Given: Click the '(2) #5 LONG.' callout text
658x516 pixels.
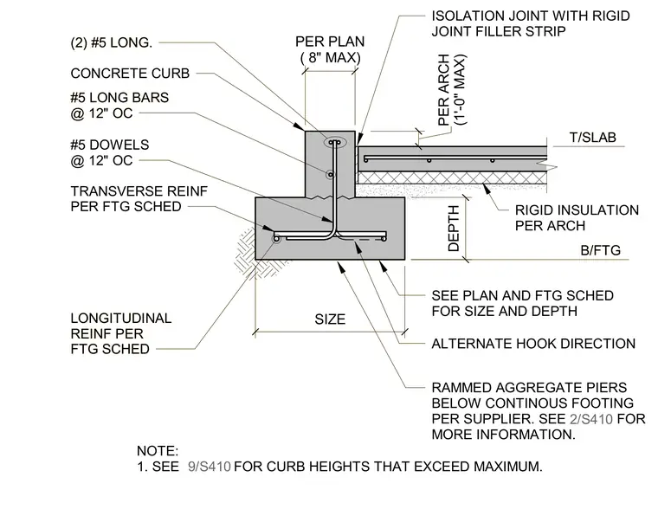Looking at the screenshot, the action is click(111, 42).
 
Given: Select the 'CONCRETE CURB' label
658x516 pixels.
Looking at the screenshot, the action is click(130, 74).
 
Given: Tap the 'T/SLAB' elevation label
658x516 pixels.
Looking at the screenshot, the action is click(592, 138).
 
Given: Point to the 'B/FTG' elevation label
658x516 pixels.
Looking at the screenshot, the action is click(601, 250).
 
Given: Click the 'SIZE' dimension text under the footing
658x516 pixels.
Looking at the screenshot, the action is click(330, 319).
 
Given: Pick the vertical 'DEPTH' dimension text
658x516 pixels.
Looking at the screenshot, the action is click(454, 229).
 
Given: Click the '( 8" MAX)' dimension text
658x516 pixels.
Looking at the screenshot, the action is click(331, 57).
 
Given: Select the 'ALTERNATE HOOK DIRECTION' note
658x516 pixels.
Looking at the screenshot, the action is click(533, 344).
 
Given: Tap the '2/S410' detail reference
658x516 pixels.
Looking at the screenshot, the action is click(591, 419).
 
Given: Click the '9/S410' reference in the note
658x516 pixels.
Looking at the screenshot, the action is click(210, 467).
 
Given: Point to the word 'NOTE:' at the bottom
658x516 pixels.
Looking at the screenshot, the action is click(158, 451).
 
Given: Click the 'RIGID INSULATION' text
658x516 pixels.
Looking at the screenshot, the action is click(577, 210).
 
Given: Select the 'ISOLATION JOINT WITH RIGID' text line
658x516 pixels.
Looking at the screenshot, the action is click(531, 16).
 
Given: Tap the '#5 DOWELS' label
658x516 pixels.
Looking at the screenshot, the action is click(110, 145).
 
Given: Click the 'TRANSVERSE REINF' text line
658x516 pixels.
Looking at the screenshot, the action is click(139, 191).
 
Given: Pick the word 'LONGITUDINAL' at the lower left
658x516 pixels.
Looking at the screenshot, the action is click(121, 319).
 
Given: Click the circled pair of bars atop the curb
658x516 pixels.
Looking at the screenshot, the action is click(335, 143).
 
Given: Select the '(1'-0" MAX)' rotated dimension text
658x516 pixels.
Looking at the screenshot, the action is click(461, 90).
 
